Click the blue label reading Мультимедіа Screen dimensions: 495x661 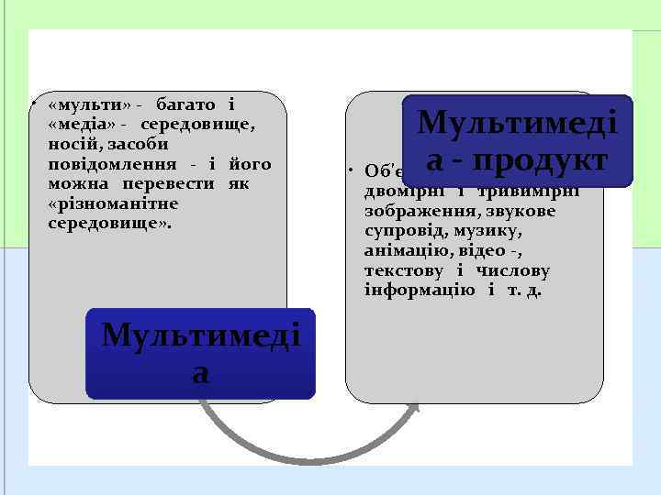coord(200,353)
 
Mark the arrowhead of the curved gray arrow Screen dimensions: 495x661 coord(415,410)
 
